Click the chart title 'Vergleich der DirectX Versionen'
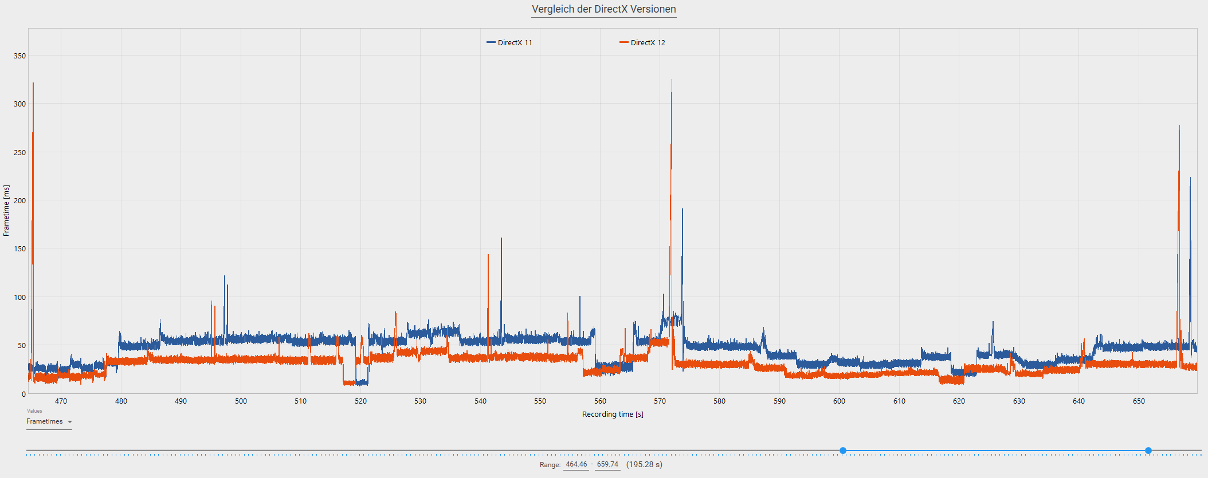pos(603,9)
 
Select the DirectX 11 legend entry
pos(509,43)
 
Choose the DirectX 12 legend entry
pos(642,43)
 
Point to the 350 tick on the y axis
pos(20,56)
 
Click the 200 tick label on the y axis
pos(20,201)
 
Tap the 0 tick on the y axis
pos(23,394)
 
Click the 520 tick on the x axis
pos(360,401)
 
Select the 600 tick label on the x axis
pos(839,401)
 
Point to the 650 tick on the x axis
pos(1139,401)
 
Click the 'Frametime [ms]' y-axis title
pos(6,211)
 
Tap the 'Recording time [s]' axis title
pos(613,414)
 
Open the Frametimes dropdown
pos(49,422)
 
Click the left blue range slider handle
pos(843,451)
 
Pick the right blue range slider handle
pos(1148,451)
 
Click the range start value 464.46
pos(576,465)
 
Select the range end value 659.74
pos(607,465)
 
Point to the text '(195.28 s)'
pos(644,465)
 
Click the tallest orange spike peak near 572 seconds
pos(672,80)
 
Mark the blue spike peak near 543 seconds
pos(501,239)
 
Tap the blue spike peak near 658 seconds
pos(1190,178)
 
